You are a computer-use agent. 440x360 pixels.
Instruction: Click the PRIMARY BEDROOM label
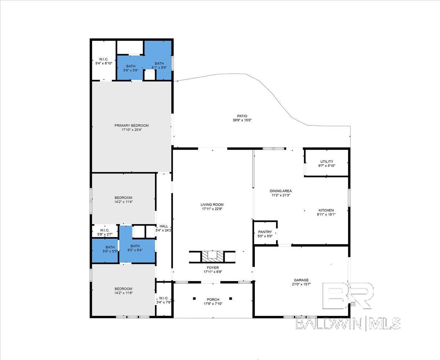tap(131, 125)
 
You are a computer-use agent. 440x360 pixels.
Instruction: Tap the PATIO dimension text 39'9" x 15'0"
tap(242, 120)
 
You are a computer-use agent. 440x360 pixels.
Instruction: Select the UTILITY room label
tap(327, 161)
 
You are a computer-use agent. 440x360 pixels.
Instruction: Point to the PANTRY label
tap(265, 232)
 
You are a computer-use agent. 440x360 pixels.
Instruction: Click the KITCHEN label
tap(326, 210)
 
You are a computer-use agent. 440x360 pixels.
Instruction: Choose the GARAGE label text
tap(301, 280)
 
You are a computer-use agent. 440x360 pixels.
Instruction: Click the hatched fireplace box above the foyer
tap(212, 257)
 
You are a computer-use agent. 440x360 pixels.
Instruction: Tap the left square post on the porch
tap(194, 298)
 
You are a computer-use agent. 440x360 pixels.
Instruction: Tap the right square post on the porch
tap(231, 298)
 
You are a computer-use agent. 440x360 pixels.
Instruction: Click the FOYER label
tap(213, 267)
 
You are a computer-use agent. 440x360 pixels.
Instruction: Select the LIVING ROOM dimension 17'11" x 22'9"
tap(212, 209)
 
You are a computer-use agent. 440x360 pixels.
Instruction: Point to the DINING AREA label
tap(280, 191)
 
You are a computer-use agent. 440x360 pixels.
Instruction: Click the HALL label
tap(164, 226)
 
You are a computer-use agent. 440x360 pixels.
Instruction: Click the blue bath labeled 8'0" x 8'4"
tap(137, 250)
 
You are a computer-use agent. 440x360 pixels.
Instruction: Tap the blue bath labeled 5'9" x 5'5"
tap(105, 250)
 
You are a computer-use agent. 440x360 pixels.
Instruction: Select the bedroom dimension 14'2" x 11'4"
tap(124, 202)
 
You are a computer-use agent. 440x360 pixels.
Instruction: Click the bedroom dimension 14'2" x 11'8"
tap(124, 293)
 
